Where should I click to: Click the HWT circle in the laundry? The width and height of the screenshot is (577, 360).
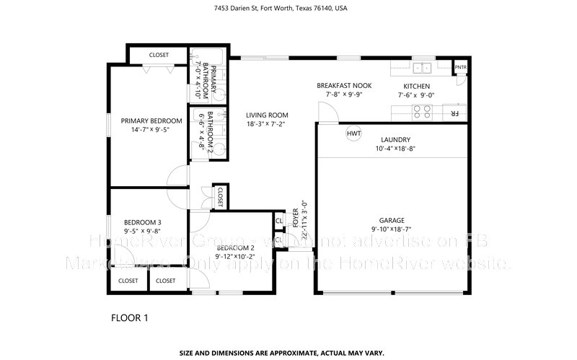coord(353,133)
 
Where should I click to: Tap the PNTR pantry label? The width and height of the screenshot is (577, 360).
coord(460,68)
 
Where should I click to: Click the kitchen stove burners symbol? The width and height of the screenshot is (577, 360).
coord(420,111)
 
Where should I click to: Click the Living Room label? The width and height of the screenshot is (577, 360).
coord(267,115)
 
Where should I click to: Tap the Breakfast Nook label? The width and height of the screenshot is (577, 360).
coord(344,85)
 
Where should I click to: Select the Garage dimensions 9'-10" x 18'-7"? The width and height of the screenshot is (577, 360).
coord(392,230)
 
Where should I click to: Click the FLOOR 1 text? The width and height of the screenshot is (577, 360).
coord(131,317)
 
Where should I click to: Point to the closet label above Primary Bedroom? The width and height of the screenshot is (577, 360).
coord(159,55)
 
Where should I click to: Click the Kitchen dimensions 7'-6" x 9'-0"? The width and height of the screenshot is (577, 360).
coord(418,95)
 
